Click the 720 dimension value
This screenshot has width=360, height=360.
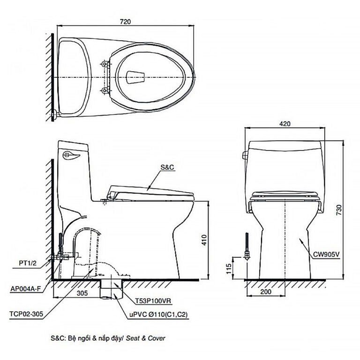point(125,22)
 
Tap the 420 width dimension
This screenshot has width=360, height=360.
point(285,124)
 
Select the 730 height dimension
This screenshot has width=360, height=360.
point(339,210)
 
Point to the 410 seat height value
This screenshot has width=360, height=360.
point(204,240)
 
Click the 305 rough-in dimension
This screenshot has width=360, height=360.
point(82,293)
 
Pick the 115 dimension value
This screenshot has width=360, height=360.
point(229,269)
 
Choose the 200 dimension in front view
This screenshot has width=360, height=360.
point(266,292)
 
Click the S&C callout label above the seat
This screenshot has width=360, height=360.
point(167,167)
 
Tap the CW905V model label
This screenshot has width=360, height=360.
point(326,255)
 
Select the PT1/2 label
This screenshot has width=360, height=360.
point(28,263)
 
